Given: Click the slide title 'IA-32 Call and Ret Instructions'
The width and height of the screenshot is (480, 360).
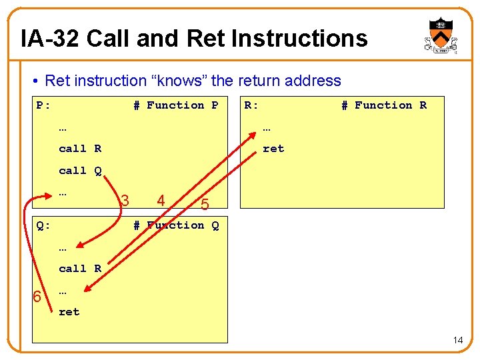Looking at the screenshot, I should [194, 38].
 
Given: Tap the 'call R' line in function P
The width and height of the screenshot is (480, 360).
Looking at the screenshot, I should [80, 149].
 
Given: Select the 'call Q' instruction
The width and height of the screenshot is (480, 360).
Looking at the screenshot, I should [80, 171].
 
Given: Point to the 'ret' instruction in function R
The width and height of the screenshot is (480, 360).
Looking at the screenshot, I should [273, 149].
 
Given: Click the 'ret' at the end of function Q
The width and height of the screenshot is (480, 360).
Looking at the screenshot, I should [69, 311].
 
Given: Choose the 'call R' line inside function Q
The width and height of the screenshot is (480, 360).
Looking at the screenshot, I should [80, 269].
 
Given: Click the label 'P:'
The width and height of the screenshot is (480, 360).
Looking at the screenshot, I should [43, 105].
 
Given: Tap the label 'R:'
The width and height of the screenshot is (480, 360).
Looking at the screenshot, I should [251, 105].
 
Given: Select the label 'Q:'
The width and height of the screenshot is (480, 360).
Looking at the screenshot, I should [43, 225].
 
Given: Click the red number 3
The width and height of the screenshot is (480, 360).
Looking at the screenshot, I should [125, 199].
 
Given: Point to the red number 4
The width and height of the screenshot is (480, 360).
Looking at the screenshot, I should [161, 199].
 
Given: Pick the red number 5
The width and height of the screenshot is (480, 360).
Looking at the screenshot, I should [205, 205].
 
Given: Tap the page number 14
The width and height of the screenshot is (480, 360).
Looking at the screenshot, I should [457, 341].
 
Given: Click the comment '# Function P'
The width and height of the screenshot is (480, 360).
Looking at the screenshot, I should [175, 105].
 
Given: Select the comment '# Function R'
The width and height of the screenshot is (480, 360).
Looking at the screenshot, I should [383, 105].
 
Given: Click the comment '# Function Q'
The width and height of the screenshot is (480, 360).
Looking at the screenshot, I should [175, 225].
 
